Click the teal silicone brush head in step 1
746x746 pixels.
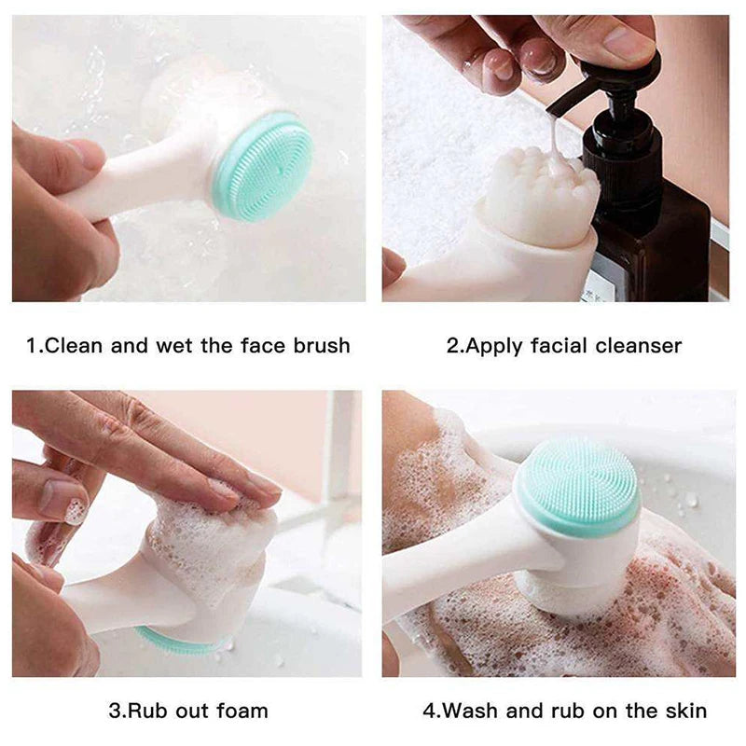tap(263, 166)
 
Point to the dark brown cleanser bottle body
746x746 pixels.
tap(653, 233)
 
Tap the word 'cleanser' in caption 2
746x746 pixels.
tap(638, 346)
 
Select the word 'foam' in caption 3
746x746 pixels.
tap(241, 711)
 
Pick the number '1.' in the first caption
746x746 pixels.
tap(35, 346)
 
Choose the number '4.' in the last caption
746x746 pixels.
tap(431, 711)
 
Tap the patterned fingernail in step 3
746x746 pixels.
tap(76, 510)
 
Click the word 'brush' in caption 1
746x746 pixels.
tap(320, 346)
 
